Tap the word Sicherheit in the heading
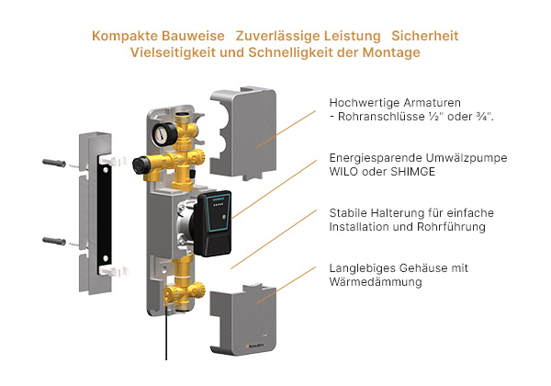coord(424,36)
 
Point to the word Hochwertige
coord(363,101)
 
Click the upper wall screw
coord(55,164)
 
